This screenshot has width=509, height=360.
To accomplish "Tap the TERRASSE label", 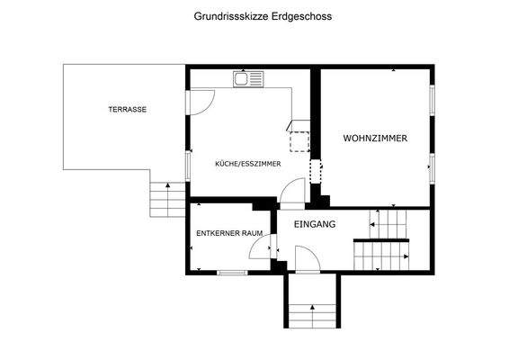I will click(127, 110).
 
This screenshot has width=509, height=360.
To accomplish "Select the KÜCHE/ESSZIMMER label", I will click(247, 164).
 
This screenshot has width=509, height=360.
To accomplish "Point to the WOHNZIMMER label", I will click(375, 139).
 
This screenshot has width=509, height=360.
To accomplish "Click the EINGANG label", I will click(315, 224).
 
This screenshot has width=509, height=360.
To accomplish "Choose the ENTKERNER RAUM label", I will click(229, 233).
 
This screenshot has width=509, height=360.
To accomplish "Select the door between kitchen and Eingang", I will click(292, 192).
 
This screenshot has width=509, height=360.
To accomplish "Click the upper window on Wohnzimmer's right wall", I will click(432, 101).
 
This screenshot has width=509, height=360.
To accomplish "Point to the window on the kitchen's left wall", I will click(187, 163).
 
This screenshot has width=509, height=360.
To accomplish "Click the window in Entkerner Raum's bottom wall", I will click(232, 272).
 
